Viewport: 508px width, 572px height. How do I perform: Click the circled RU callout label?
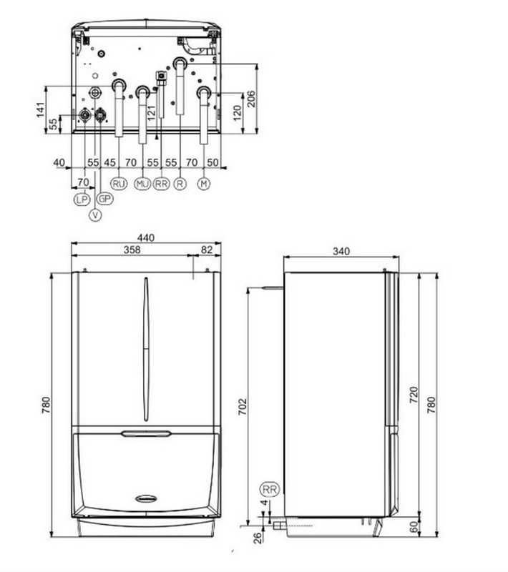pyautogui.click(x=119, y=184)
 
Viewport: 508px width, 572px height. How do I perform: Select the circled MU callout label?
pyautogui.click(x=142, y=184)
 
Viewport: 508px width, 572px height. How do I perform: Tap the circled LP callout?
pyautogui.click(x=82, y=199)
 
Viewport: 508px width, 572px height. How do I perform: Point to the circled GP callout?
pyautogui.click(x=104, y=199)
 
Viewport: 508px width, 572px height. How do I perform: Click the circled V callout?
pyautogui.click(x=95, y=215)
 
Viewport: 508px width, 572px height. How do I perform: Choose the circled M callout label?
pyautogui.click(x=204, y=184)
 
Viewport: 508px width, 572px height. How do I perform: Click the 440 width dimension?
pyautogui.click(x=146, y=238)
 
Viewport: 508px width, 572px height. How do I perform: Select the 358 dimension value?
pyautogui.click(x=132, y=250)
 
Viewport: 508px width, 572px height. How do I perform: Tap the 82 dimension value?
pyautogui.click(x=207, y=250)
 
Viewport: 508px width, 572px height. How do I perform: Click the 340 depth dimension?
pyautogui.click(x=341, y=251)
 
